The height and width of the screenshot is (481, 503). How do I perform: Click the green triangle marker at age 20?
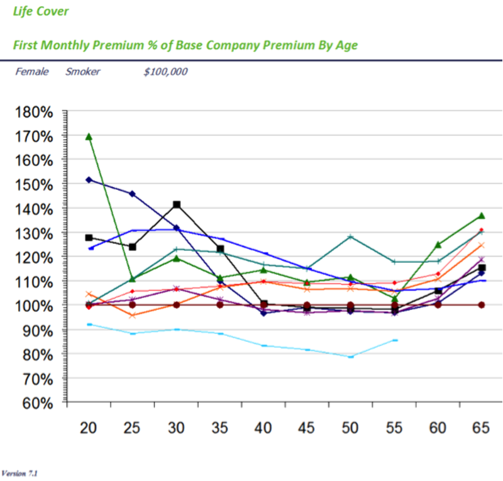[x=89, y=136]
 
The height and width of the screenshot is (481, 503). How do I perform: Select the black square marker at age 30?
[x=177, y=204]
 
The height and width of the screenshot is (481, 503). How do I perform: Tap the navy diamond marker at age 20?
[x=89, y=180]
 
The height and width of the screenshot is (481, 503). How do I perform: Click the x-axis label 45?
[x=306, y=429]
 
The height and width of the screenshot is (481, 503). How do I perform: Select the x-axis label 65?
[x=481, y=429]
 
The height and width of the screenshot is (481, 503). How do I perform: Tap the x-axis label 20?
[x=88, y=429]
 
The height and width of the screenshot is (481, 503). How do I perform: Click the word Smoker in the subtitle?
[x=82, y=72]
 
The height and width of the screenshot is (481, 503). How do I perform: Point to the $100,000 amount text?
[x=165, y=72]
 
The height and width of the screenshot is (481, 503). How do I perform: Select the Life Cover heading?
[x=41, y=11]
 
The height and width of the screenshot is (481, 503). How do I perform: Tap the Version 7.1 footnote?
[x=20, y=472]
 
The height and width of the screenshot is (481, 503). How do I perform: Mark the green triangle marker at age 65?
[x=481, y=216]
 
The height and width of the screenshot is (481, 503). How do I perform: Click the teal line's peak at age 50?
[x=350, y=236]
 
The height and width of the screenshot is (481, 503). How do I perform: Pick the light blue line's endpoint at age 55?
[x=394, y=340]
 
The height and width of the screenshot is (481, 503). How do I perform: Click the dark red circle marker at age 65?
[x=481, y=305]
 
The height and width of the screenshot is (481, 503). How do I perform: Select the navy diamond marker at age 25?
[x=132, y=194]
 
